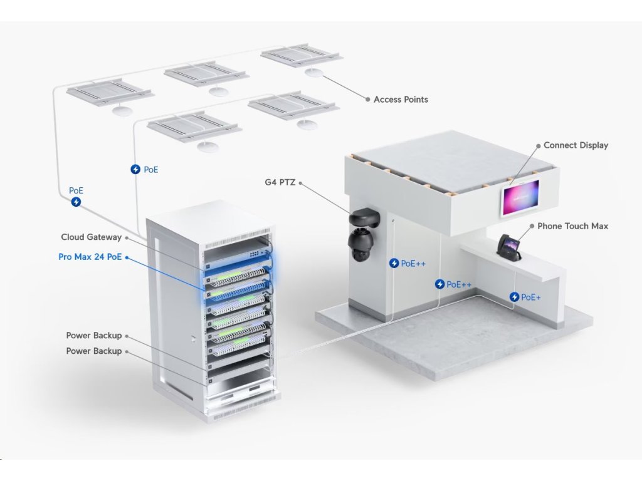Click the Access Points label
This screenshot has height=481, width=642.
coord(401,100)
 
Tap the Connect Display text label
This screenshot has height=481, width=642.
coord(576,145)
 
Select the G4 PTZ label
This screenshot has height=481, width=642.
coord(280,183)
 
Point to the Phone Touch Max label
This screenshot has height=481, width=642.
coord(572,226)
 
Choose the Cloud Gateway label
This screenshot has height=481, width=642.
coord(91,237)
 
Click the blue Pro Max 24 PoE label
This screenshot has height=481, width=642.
coord(90,257)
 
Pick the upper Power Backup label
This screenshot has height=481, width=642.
coord(94,336)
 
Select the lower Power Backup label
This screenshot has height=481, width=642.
coord(94,351)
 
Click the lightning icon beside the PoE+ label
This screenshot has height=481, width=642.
coord(515,297)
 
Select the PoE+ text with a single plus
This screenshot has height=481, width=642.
coord(531,297)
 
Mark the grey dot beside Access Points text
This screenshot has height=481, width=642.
coord(367,99)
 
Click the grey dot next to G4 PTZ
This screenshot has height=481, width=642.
coord(301,183)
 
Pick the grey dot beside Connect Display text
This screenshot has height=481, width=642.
coord(538,145)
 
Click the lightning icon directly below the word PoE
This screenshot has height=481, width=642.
coord(76,202)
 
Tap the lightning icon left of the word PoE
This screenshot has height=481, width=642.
coord(135,169)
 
